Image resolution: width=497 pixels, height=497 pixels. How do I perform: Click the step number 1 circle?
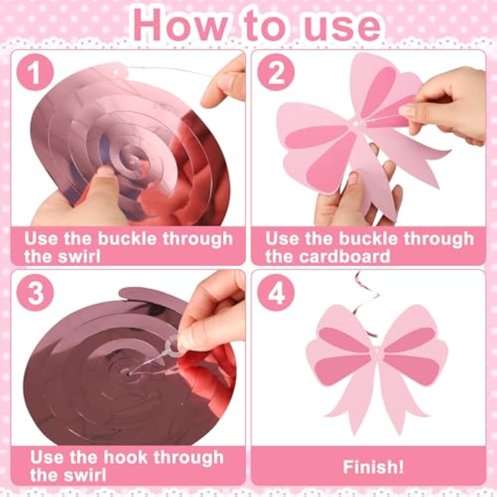[35, 72]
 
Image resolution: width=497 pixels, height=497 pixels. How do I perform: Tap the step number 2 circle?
[276, 72]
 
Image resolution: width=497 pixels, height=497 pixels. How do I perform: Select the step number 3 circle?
[35, 292]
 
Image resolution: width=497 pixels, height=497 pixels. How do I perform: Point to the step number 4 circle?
[276, 292]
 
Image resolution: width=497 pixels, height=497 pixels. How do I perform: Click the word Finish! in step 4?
[373, 467]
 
